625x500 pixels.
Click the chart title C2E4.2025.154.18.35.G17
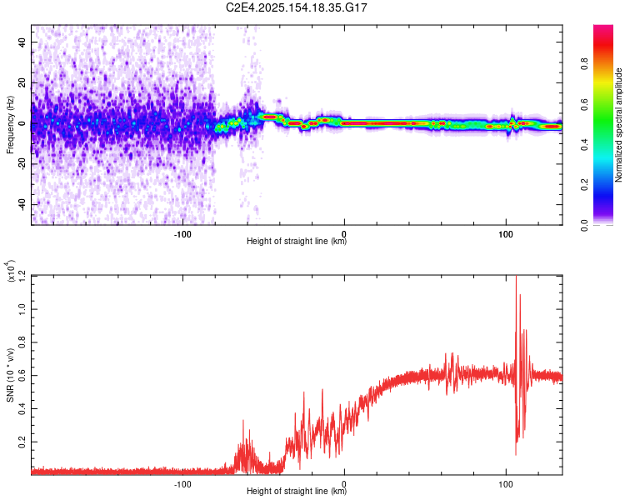click(x=297, y=7)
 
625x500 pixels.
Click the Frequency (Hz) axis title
click(x=10, y=124)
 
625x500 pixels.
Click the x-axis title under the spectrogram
click(x=297, y=241)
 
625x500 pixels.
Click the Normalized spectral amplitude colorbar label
click(x=619, y=125)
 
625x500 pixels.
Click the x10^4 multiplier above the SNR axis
click(x=10, y=272)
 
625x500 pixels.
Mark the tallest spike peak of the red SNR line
click(x=516, y=277)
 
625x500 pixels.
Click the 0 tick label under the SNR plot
click(x=344, y=483)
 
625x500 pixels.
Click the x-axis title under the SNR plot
click(x=297, y=492)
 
